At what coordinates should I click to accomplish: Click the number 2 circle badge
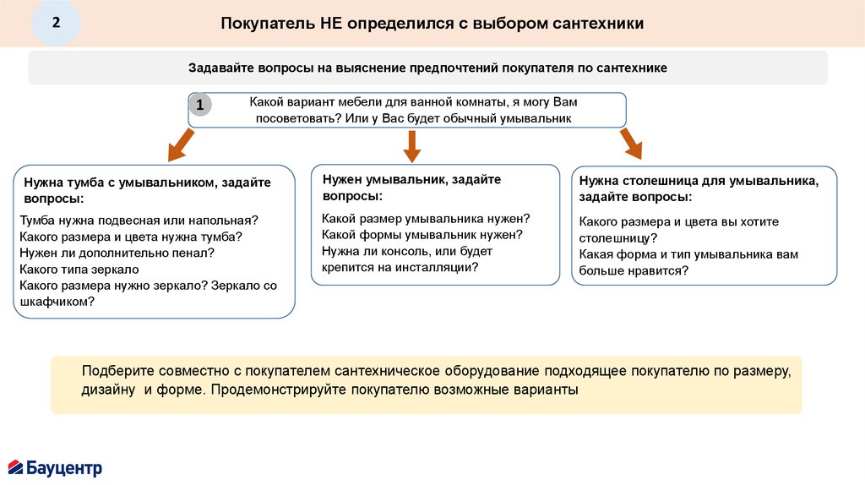pyautogui.click(x=56, y=22)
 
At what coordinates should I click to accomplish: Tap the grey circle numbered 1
pyautogui.click(x=200, y=105)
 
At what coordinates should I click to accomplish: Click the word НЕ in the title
pyautogui.click(x=330, y=23)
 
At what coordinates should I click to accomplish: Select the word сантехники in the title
pyautogui.click(x=599, y=23)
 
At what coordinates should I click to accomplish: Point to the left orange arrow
pyautogui.click(x=179, y=145)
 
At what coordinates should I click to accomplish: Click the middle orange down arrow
pyautogui.click(x=411, y=145)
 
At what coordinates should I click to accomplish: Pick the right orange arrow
pyautogui.click(x=630, y=144)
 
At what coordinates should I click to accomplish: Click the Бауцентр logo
pyautogui.click(x=55, y=466)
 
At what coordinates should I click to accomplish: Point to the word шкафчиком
pyautogui.click(x=57, y=302)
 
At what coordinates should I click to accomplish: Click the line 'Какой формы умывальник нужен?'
pyautogui.click(x=422, y=234)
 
